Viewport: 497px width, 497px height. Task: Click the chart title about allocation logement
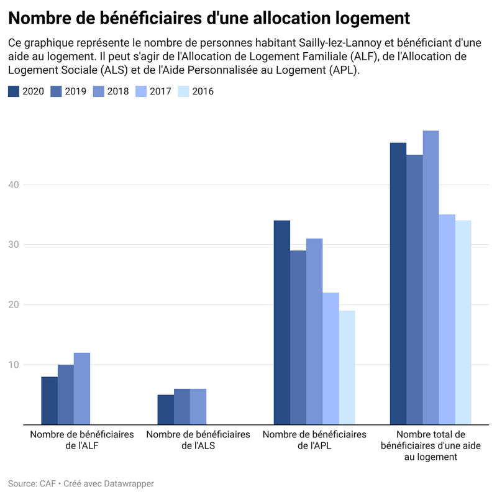pyautogui.click(x=209, y=18)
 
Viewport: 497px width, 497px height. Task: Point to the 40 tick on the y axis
pyautogui.click(x=14, y=185)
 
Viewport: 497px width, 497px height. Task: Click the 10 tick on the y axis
pyautogui.click(x=14, y=365)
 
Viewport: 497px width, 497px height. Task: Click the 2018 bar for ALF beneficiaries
pyautogui.click(x=82, y=388)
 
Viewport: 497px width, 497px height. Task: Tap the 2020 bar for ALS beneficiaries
pyautogui.click(x=166, y=409)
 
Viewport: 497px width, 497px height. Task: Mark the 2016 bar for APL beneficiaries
pyautogui.click(x=347, y=367)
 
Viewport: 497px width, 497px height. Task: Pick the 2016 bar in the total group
pyautogui.click(x=463, y=322)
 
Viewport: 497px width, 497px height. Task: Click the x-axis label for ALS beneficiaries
pyautogui.click(x=198, y=439)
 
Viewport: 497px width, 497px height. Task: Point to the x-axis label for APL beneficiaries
pyautogui.click(x=314, y=439)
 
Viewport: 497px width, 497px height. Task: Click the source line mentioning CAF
pyautogui.click(x=81, y=483)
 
